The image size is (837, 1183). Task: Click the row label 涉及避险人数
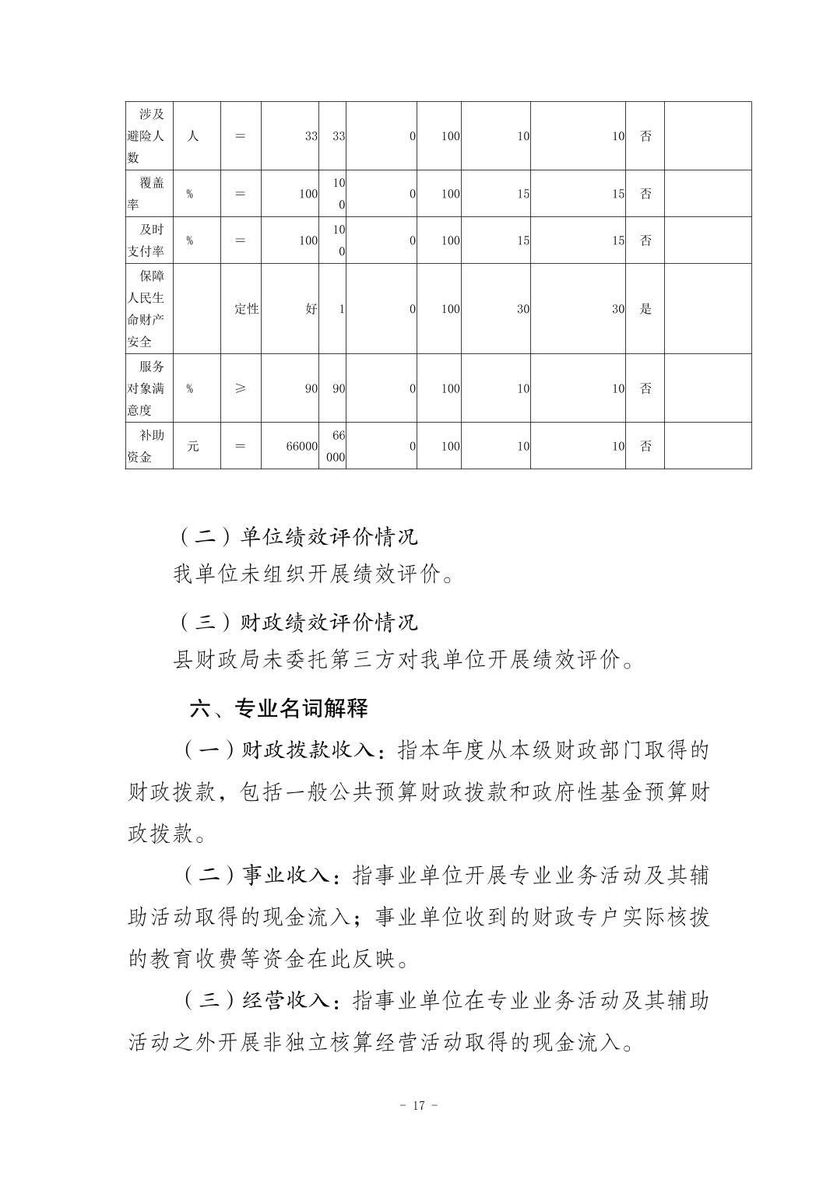pos(146,135)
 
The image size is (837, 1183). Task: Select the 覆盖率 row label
pos(146,194)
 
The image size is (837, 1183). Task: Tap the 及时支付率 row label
pos(146,240)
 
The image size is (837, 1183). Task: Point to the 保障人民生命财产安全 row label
pos(146,308)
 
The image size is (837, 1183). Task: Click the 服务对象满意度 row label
pos(146,388)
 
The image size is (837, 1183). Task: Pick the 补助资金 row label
pos(146,446)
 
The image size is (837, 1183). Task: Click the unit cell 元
pos(192,446)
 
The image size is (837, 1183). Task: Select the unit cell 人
pos(192,135)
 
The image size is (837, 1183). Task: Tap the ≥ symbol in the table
pos(240,388)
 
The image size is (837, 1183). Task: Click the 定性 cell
pos(246,308)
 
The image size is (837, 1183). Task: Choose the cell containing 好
pos(311,308)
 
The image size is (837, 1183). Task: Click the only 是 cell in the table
pos(645,308)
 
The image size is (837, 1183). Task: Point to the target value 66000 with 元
pos(302,446)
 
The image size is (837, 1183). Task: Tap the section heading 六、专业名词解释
pos(279,707)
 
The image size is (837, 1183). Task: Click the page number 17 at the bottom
pos(418,1105)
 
